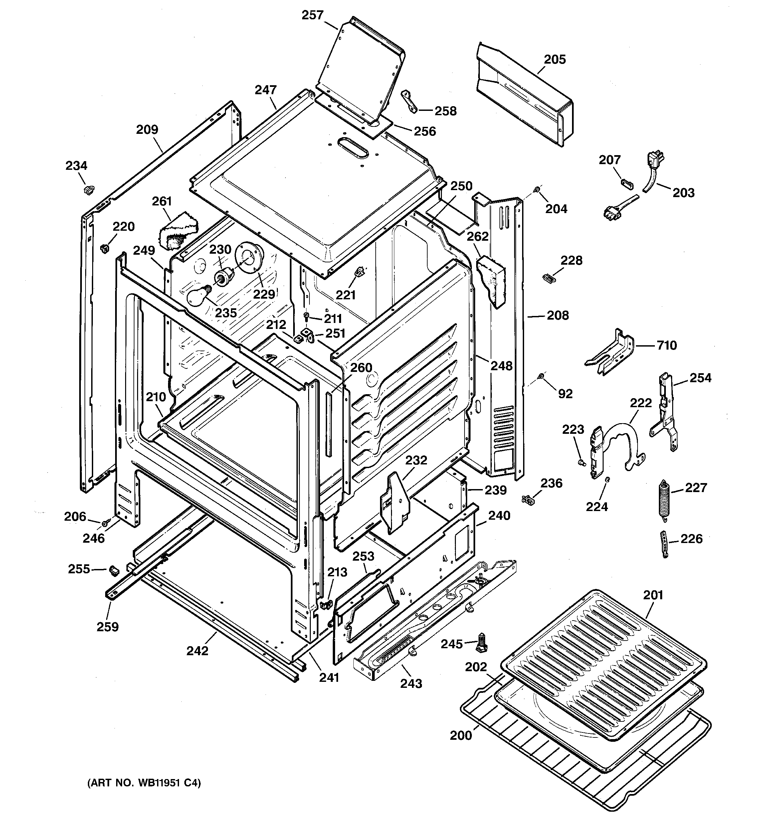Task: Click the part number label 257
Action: tap(312, 15)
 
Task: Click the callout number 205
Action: tap(554, 59)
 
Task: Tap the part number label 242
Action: tap(197, 651)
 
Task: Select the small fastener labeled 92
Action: tap(541, 376)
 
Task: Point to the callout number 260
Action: tap(361, 368)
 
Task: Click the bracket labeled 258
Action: tap(409, 101)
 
